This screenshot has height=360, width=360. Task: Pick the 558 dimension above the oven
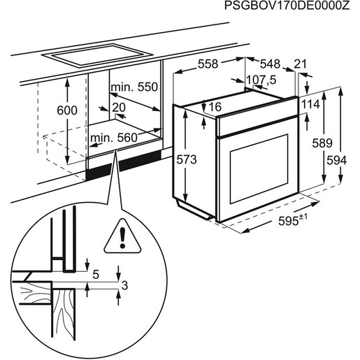208,64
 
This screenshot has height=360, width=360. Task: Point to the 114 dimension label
310,104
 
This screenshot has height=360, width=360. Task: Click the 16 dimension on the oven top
215,107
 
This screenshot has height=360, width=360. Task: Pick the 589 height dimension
321,143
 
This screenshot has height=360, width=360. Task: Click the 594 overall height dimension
337,160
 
